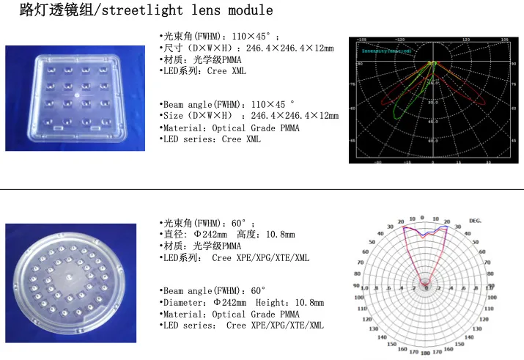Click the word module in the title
tap(251, 10)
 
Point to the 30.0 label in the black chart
tap(435, 102)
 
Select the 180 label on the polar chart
tap(425, 353)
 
